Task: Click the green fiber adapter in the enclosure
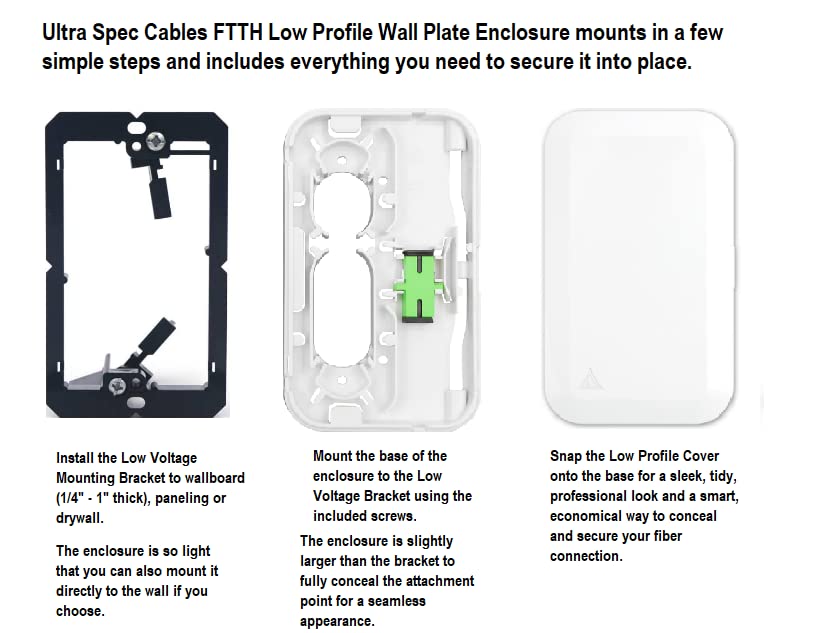(x=419, y=286)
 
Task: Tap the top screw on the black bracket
(x=155, y=140)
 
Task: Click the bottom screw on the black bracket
(x=117, y=386)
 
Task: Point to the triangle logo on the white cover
(x=589, y=379)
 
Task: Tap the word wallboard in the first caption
(x=215, y=478)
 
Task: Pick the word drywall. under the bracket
(x=80, y=518)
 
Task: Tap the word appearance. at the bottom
(x=337, y=622)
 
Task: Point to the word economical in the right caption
(x=585, y=517)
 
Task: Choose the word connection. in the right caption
(x=586, y=557)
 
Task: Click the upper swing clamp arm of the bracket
(x=159, y=187)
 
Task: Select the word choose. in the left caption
(x=80, y=611)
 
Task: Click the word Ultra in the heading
(x=64, y=33)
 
